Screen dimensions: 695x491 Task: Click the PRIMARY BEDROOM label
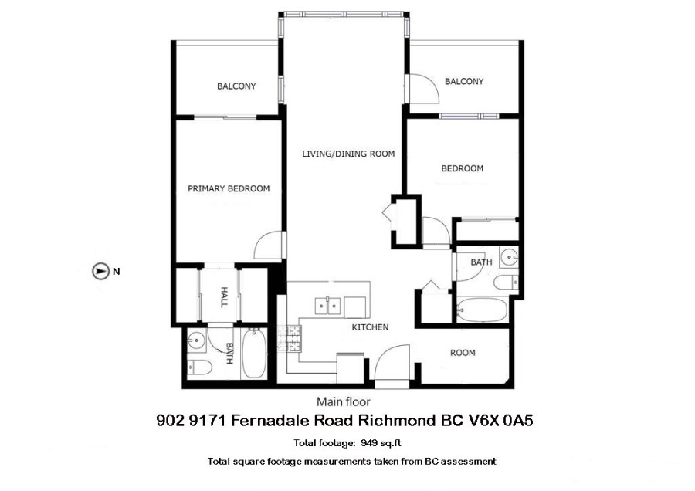click(229, 189)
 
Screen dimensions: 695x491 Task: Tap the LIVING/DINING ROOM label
click(348, 154)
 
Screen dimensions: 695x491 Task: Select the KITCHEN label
click(370, 327)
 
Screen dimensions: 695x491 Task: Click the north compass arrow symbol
click(100, 271)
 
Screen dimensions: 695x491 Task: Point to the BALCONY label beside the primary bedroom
click(236, 86)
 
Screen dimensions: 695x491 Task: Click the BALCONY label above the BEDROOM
click(464, 82)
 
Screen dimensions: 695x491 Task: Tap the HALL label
click(224, 297)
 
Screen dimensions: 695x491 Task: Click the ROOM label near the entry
click(463, 353)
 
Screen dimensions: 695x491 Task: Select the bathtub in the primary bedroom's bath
click(254, 353)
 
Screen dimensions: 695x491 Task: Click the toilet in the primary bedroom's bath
click(199, 367)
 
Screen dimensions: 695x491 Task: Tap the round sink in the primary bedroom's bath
click(195, 340)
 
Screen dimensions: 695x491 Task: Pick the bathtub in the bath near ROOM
click(482, 310)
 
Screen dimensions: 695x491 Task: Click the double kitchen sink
click(327, 306)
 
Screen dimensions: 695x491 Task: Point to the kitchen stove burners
click(290, 339)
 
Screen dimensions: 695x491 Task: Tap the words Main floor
click(343, 402)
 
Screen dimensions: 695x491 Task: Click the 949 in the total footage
click(369, 442)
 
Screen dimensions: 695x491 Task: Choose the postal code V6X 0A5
click(501, 420)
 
